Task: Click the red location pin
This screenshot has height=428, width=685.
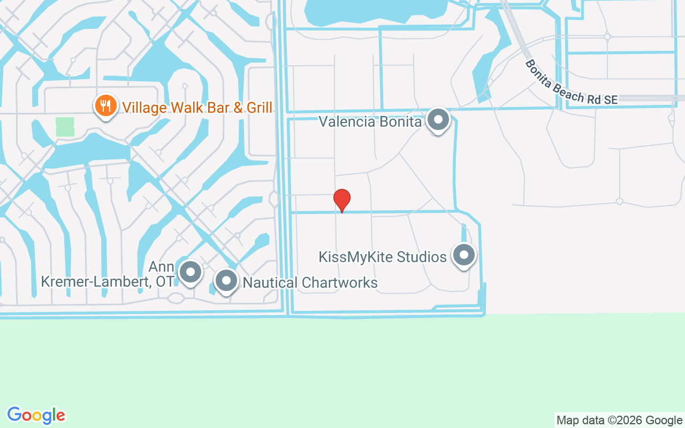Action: coord(342,200)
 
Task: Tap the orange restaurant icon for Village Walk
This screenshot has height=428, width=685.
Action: coord(106,105)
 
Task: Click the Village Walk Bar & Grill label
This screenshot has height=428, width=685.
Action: coord(197,107)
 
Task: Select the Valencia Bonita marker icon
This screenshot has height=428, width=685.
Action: coord(438,120)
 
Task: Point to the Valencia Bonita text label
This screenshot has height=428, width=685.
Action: coord(370,121)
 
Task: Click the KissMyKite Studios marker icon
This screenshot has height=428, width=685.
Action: coord(463,255)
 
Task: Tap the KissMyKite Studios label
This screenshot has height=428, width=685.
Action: coord(383,257)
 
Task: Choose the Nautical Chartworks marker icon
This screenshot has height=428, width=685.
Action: coord(226,280)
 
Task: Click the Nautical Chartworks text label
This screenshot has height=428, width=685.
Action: coord(310,282)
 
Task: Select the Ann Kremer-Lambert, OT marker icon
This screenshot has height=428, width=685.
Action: coord(190,272)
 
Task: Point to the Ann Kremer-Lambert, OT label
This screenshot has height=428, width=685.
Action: coord(107,274)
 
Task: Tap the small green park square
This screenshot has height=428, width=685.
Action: coord(65,127)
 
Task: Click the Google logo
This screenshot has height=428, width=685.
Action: coord(36,415)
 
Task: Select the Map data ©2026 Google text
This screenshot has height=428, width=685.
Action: coord(619,421)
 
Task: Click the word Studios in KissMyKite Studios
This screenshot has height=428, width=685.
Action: coord(422,257)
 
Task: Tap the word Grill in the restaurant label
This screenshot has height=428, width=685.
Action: coord(258,107)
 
